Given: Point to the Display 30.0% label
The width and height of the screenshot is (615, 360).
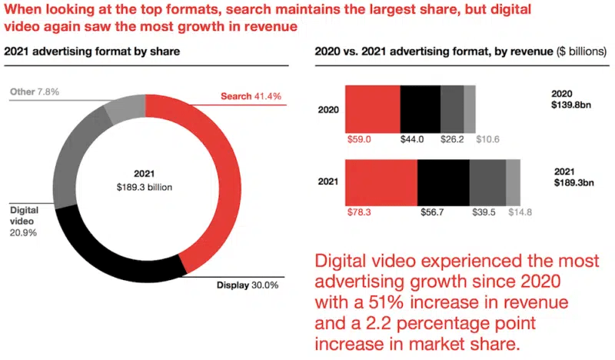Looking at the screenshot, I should click(247, 285).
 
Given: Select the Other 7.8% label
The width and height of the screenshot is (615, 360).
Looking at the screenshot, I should click(35, 92).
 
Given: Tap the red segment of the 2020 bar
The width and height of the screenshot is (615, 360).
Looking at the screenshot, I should click(372, 108).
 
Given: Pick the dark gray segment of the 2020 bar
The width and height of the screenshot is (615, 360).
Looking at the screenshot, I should click(452, 108).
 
